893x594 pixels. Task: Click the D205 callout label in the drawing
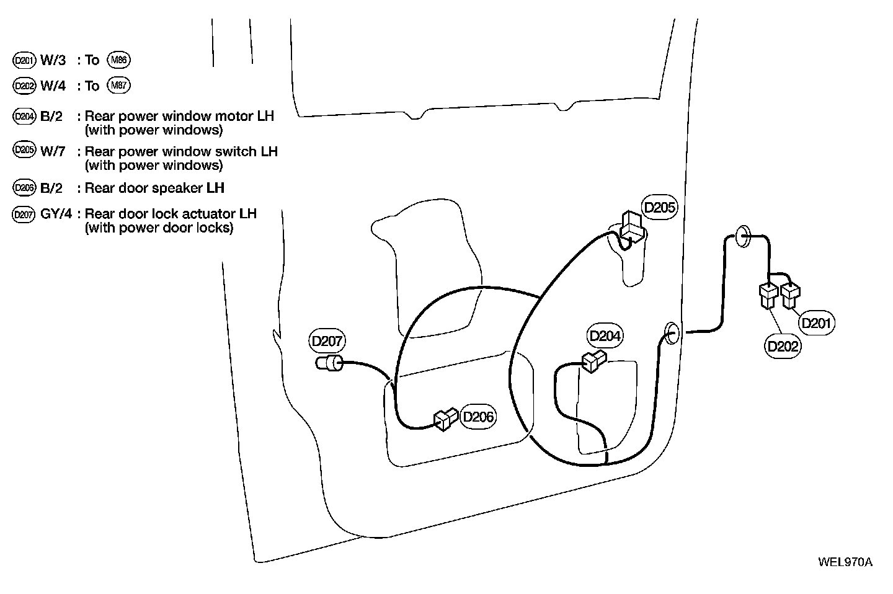(659, 207)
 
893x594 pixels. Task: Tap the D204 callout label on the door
(605, 336)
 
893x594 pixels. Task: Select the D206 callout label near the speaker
(479, 417)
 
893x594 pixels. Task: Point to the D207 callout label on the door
(327, 341)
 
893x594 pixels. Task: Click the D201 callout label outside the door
(817, 323)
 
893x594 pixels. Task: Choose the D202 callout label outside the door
(783, 346)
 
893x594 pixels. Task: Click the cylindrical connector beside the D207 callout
(330, 363)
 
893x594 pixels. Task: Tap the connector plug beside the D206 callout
(445, 420)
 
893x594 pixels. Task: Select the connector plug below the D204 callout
(593, 360)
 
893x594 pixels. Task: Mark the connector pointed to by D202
(768, 295)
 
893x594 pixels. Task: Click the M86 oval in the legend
(118, 60)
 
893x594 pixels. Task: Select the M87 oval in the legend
(118, 85)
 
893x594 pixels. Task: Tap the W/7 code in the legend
(53, 151)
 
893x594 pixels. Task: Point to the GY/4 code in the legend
(56, 214)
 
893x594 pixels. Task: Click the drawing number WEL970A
(845, 562)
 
